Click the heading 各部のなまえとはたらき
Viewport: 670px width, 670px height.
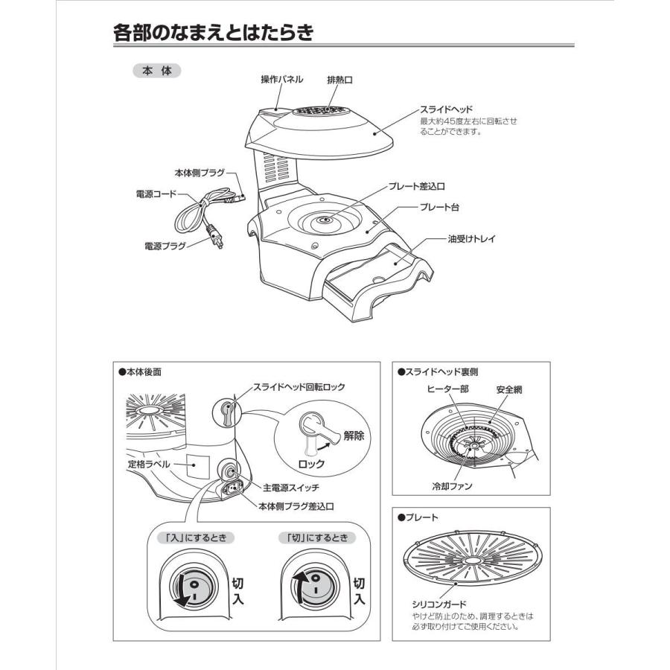point(213,33)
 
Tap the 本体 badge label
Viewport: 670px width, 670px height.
point(156,71)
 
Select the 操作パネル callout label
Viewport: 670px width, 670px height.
point(281,80)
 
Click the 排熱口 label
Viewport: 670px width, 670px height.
point(339,80)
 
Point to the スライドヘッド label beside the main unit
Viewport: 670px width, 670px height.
point(447,109)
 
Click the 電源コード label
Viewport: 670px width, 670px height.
point(156,194)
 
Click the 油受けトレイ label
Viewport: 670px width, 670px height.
point(471,239)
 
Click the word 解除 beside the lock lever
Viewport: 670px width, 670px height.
point(354,436)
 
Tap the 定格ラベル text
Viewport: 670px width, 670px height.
point(149,464)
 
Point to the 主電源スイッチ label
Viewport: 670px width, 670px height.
point(292,488)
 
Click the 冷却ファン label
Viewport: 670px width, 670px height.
point(453,486)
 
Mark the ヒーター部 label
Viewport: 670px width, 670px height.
point(448,389)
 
